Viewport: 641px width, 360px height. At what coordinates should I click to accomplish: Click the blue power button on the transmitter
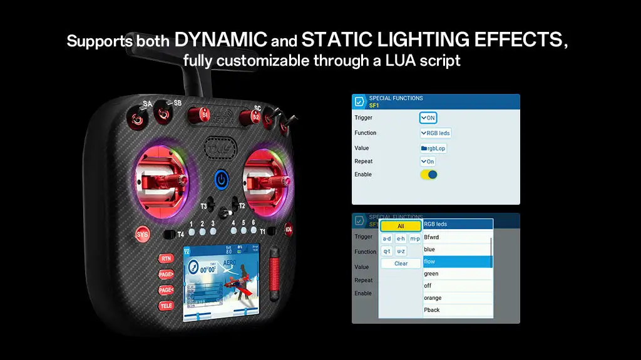(x=221, y=180)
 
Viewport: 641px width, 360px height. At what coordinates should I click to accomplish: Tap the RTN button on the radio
(x=166, y=259)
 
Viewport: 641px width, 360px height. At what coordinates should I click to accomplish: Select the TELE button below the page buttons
(x=166, y=306)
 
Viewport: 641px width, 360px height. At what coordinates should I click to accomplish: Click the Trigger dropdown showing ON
(x=428, y=118)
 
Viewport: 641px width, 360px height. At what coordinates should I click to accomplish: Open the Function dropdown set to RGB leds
(x=436, y=133)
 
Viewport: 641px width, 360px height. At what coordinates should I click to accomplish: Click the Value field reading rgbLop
(x=434, y=148)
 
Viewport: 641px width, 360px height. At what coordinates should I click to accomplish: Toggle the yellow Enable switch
(x=429, y=175)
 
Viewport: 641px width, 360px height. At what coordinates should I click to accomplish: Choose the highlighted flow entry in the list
(x=457, y=262)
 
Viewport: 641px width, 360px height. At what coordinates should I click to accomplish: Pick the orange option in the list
(x=457, y=298)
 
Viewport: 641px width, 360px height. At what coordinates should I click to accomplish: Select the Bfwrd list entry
(x=457, y=237)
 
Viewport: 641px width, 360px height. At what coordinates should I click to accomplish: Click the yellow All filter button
(x=401, y=226)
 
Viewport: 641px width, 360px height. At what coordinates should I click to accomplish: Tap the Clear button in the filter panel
(x=401, y=264)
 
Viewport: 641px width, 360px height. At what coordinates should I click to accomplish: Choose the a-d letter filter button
(x=387, y=239)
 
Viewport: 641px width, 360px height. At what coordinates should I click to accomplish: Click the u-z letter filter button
(x=401, y=251)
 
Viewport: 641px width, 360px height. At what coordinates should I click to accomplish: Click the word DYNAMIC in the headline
(x=220, y=41)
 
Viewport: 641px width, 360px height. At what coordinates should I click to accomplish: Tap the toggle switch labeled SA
(x=135, y=114)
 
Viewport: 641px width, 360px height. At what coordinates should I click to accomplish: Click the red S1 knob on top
(x=203, y=114)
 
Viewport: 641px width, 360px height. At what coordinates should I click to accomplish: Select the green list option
(x=457, y=274)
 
